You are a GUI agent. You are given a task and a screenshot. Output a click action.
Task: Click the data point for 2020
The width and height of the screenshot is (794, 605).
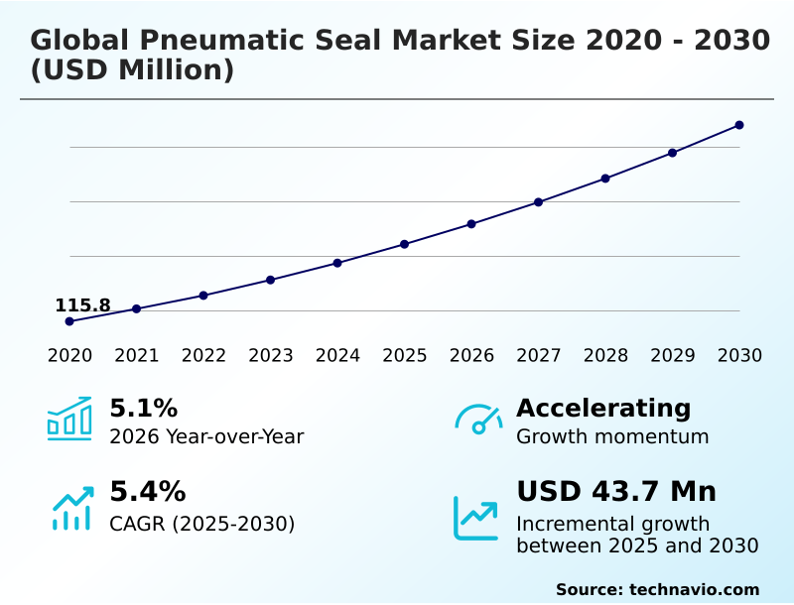[69, 321]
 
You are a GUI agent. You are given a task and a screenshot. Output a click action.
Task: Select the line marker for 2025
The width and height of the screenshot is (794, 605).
[405, 244]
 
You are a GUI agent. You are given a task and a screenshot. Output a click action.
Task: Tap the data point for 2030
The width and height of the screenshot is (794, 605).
[739, 125]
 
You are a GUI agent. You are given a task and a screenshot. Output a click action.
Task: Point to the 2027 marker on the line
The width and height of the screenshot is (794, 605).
[539, 202]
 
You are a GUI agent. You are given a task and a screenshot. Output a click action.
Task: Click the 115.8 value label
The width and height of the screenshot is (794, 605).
[82, 305]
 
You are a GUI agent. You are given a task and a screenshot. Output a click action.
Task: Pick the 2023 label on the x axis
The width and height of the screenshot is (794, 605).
[271, 356]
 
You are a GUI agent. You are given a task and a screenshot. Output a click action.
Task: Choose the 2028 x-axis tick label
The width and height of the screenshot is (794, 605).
[605, 356]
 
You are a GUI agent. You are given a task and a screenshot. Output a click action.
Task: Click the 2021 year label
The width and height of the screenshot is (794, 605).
[137, 356]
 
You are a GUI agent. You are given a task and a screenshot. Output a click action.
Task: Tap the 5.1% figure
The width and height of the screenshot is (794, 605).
[143, 409]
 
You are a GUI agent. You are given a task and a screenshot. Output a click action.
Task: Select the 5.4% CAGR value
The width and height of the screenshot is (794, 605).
[147, 492]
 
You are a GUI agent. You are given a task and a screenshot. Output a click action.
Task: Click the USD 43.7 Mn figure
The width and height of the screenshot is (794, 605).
[616, 492]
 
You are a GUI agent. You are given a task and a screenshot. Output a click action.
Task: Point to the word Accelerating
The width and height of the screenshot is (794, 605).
[603, 408]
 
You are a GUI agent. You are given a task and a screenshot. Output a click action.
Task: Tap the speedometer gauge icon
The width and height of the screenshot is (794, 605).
[478, 419]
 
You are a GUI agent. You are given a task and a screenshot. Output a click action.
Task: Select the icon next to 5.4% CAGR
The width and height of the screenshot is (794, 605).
[71, 508]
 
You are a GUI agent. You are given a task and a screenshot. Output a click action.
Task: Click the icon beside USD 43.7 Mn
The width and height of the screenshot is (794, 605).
[476, 518]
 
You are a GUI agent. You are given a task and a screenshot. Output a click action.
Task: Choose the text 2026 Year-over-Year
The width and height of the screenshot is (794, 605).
[206, 436]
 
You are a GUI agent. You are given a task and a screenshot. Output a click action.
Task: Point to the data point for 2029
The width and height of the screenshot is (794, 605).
[672, 153]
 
